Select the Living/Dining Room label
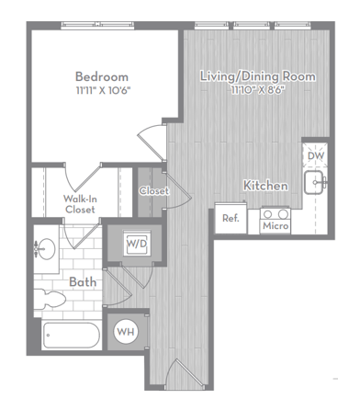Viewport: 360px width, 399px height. [x=258, y=76]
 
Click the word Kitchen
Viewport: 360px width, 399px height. [x=265, y=186]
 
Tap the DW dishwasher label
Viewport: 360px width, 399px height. [x=315, y=155]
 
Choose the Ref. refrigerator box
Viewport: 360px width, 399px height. [x=231, y=219]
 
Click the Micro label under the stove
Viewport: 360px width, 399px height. [x=275, y=225]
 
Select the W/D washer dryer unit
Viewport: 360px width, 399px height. [x=136, y=245]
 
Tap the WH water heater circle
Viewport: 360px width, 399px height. [x=126, y=331]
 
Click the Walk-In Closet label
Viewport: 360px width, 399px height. [x=80, y=203]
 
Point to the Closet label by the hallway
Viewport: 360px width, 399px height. [x=153, y=191]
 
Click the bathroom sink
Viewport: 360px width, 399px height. [x=46, y=247]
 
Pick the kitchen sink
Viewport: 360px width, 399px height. [x=318, y=182]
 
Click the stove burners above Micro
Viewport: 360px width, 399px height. [x=275, y=213]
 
